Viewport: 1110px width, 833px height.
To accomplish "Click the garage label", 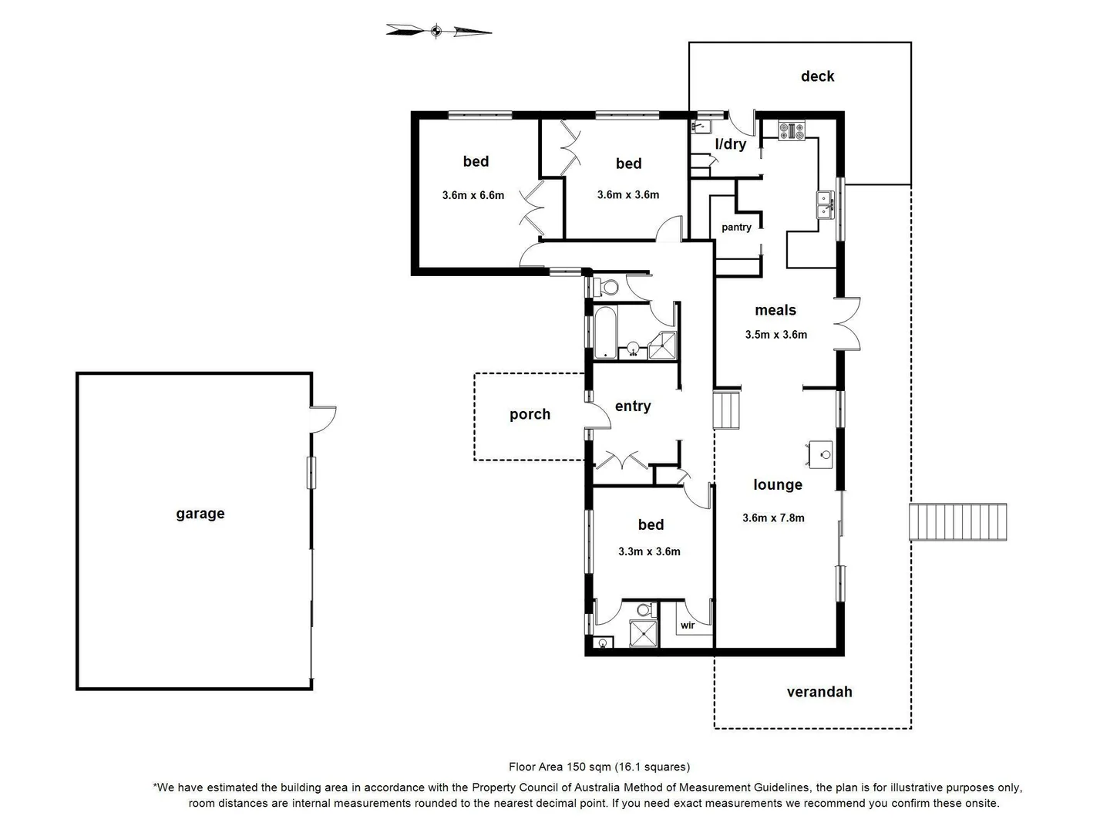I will click(x=200, y=514).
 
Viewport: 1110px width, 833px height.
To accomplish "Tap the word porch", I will click(x=530, y=414).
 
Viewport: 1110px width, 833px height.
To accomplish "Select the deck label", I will click(x=817, y=76).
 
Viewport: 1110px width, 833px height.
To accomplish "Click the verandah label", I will click(x=819, y=692).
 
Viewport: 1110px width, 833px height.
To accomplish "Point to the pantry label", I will click(x=736, y=227).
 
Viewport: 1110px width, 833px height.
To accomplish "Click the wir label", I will click(x=688, y=626).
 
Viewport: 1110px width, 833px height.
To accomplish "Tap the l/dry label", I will click(x=730, y=143).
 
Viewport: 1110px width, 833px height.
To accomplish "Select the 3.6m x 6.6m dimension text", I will click(x=473, y=195).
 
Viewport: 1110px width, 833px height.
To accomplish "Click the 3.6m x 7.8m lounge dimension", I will click(x=773, y=518).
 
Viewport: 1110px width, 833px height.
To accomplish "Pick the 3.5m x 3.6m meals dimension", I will click(x=775, y=335).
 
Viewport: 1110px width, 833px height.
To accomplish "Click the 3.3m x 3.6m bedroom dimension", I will click(x=649, y=551).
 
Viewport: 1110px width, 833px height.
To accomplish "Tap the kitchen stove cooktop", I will click(x=791, y=130).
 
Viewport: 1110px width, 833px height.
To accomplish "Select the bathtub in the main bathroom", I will click(x=605, y=333).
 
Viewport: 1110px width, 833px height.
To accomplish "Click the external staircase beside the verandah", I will click(x=958, y=522).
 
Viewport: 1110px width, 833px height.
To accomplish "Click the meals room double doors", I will click(x=848, y=323).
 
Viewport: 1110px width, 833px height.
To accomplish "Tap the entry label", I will click(x=633, y=406).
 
